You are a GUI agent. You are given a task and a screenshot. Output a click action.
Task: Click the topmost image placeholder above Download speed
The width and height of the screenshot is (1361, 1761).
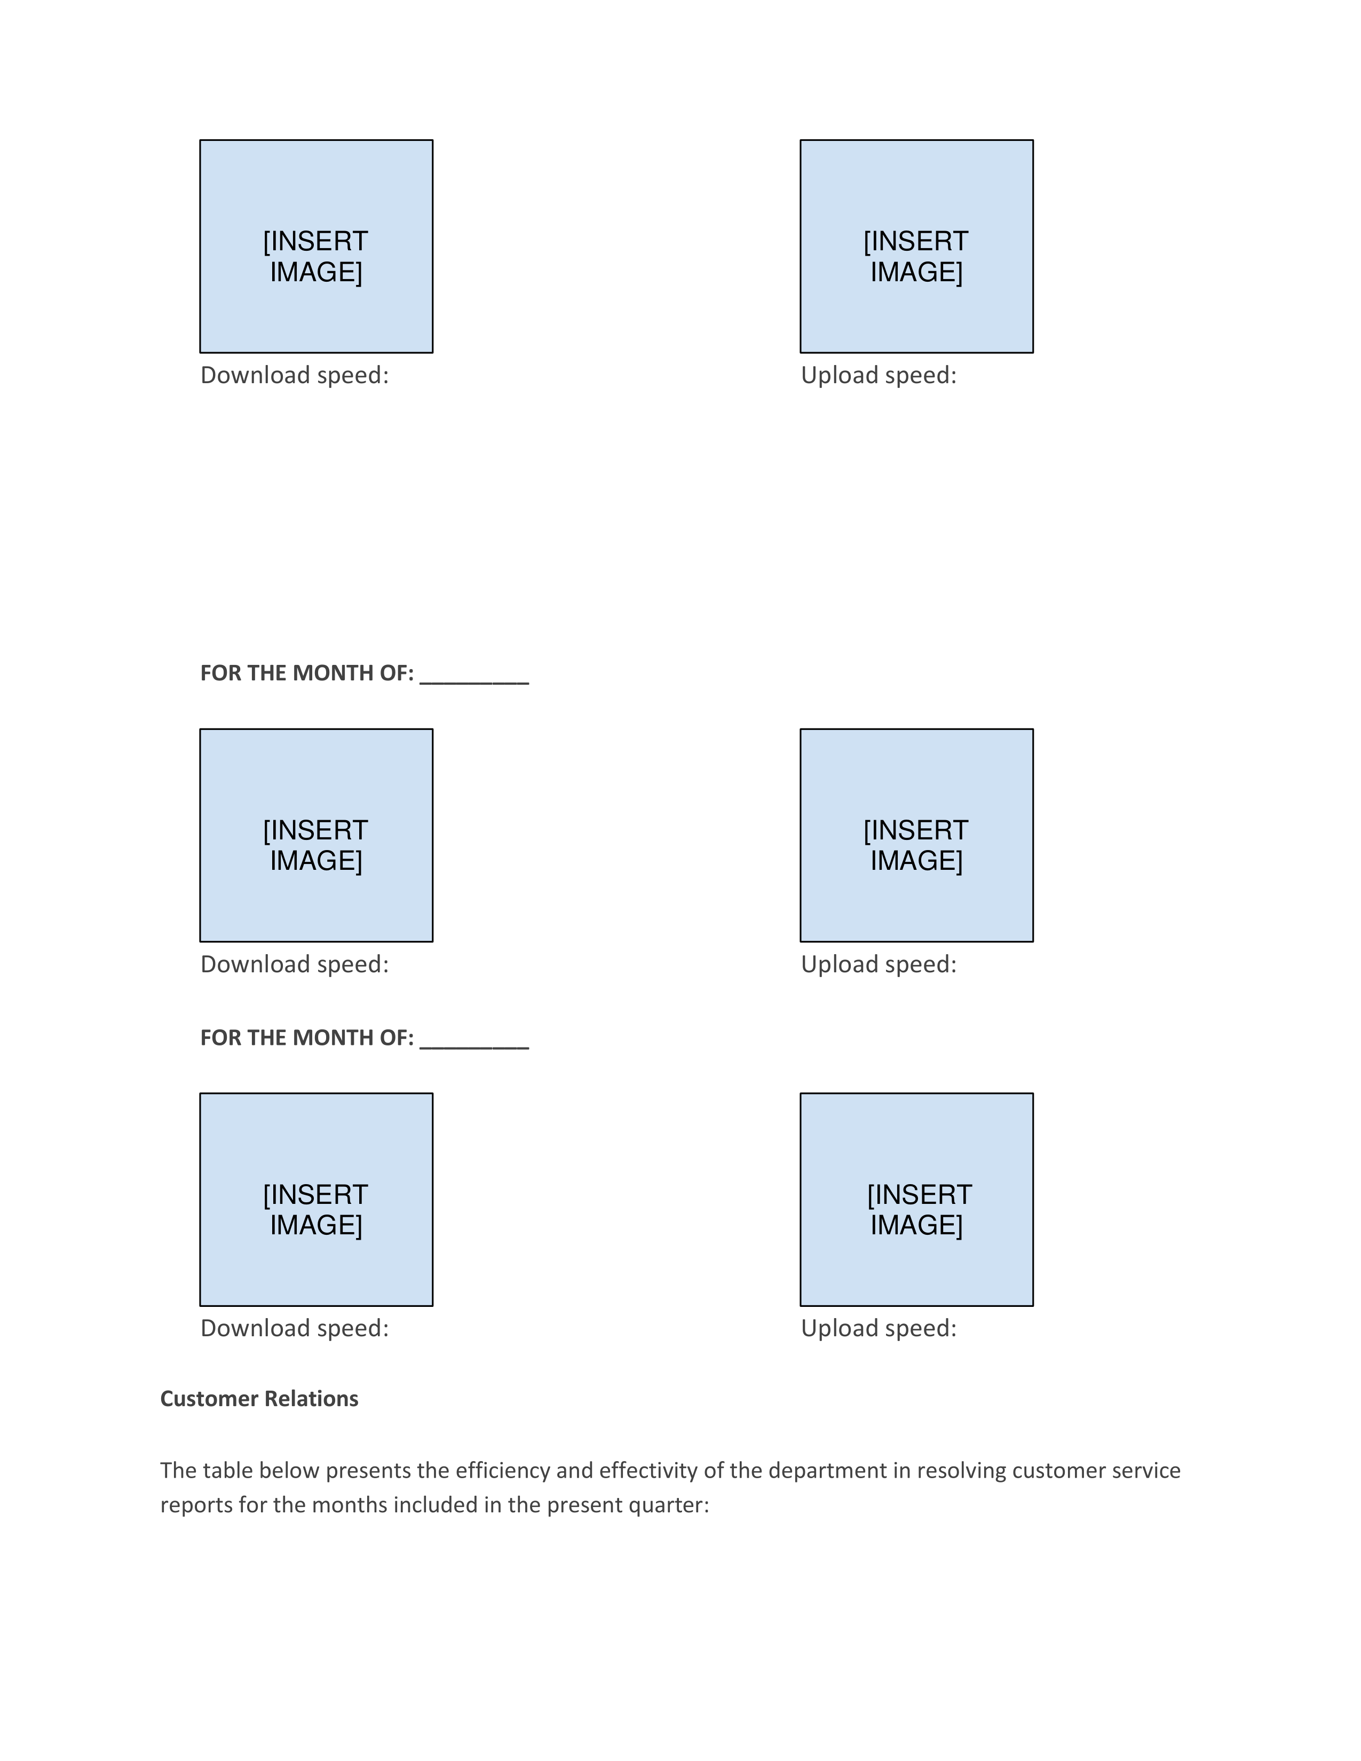pos(316,246)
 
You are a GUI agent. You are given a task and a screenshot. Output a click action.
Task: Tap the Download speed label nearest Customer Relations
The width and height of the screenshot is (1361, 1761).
pos(294,1329)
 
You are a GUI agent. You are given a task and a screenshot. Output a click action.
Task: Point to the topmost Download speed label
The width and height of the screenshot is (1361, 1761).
pos(294,376)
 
